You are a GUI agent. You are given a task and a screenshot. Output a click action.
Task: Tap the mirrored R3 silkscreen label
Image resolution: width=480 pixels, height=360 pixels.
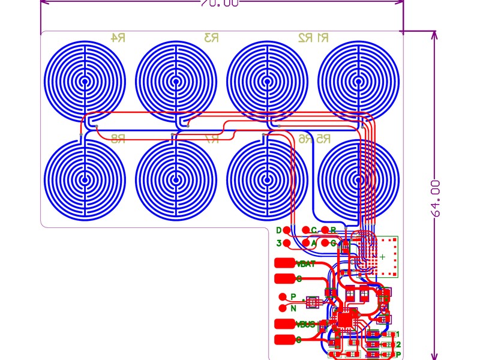211,38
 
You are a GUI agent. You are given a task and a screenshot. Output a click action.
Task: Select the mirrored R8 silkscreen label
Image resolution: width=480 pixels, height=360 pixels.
118,139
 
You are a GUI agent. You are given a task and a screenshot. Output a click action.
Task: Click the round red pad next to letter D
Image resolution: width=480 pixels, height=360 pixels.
287,230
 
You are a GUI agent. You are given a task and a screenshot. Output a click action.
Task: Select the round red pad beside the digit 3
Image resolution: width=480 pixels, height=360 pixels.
287,243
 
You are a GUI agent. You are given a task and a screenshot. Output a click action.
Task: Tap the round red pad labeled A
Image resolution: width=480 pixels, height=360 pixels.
306,243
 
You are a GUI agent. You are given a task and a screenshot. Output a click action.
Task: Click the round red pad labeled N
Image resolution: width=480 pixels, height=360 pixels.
283,308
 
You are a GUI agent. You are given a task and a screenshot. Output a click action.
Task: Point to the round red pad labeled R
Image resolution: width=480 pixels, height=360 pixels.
325,230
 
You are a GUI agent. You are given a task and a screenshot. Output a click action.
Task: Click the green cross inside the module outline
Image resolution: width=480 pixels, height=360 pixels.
383,256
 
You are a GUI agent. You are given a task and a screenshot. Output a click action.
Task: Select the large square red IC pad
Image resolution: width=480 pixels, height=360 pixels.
346,319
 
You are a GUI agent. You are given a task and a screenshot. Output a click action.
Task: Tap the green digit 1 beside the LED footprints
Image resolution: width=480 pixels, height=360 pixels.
397,334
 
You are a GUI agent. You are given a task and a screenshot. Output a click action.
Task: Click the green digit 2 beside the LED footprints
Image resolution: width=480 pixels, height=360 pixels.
397,344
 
